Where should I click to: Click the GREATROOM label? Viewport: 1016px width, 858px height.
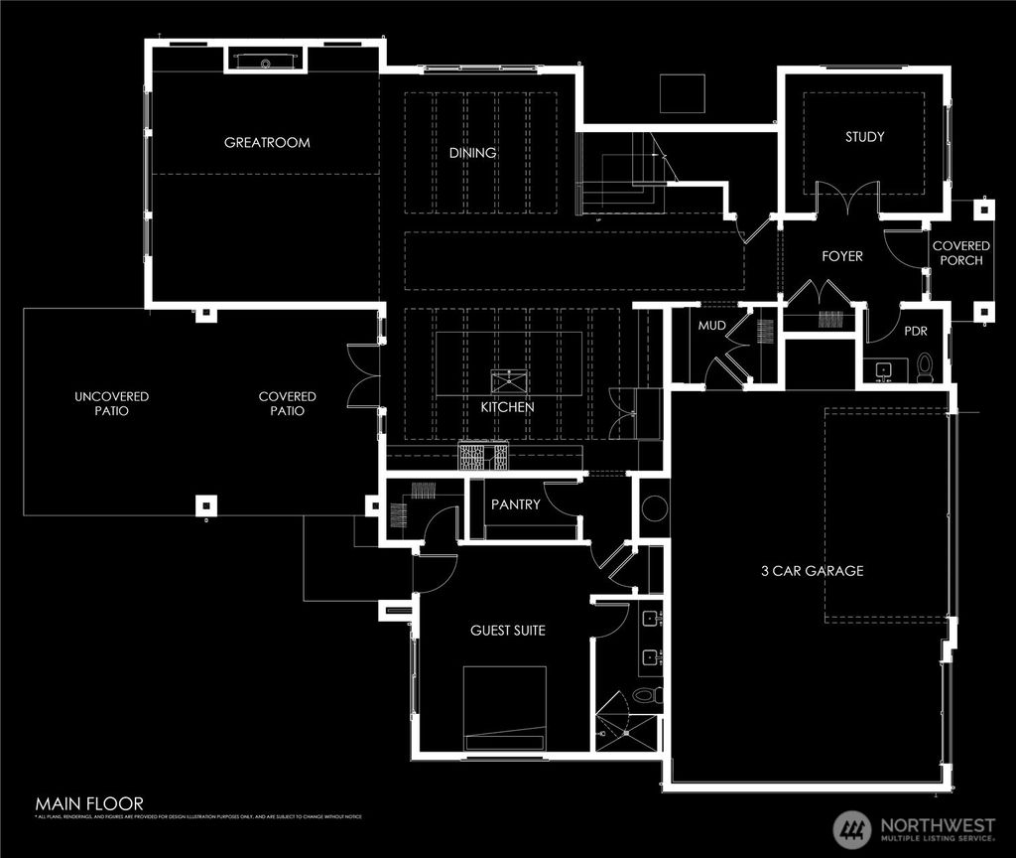(x=267, y=142)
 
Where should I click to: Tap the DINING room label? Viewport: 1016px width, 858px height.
(x=472, y=154)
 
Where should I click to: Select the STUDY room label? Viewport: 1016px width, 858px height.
(x=864, y=137)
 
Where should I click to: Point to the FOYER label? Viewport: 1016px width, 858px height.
(x=842, y=256)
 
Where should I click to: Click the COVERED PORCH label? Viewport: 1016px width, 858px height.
(x=960, y=253)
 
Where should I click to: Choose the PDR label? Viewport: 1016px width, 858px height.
(x=915, y=332)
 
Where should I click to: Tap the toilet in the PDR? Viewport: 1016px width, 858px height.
(x=925, y=368)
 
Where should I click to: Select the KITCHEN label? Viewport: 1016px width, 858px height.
(x=507, y=407)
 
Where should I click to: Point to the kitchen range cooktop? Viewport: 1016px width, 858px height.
(x=482, y=457)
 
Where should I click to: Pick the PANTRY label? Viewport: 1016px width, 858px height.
(x=516, y=504)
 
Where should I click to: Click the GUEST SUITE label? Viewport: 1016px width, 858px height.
(x=507, y=630)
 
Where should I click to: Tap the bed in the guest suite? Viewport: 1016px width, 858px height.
(x=505, y=708)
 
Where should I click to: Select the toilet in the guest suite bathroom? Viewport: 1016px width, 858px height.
(x=645, y=694)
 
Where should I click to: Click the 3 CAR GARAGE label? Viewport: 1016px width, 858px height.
(x=812, y=570)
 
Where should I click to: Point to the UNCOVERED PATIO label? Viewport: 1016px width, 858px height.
(x=111, y=403)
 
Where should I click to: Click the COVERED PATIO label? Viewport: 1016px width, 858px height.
(x=288, y=403)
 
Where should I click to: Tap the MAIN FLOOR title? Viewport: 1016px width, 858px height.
(x=89, y=803)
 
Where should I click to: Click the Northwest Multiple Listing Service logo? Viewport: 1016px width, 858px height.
(x=909, y=826)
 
